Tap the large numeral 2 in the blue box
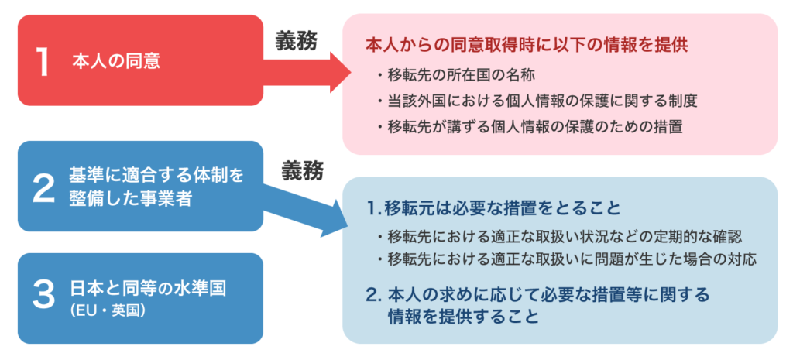pyautogui.click(x=43, y=187)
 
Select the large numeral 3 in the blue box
pyautogui.click(x=43, y=297)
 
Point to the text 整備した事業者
pyautogui.click(x=130, y=198)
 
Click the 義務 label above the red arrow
pyautogui.click(x=297, y=42)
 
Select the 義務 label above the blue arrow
pyautogui.click(x=303, y=171)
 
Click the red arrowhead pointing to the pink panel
pyautogui.click(x=341, y=72)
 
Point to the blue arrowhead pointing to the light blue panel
pyautogui.click(x=331, y=218)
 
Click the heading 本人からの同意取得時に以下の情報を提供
pyautogui.click(x=526, y=45)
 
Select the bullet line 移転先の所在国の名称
pyautogui.click(x=457, y=75)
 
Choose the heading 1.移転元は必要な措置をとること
pyautogui.click(x=493, y=208)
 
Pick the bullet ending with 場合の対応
pyautogui.click(x=566, y=260)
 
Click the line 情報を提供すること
pyautogui.click(x=463, y=316)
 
